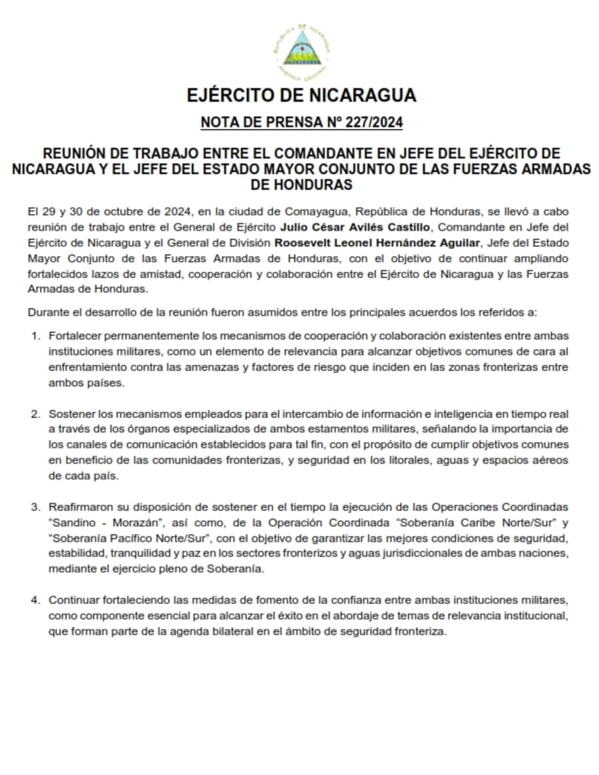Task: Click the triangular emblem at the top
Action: tap(300, 49)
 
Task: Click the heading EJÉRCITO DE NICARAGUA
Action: tap(301, 96)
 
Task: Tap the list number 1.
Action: tap(35, 337)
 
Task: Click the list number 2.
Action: tap(35, 414)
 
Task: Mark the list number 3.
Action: tap(35, 506)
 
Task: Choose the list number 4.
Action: tap(35, 600)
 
